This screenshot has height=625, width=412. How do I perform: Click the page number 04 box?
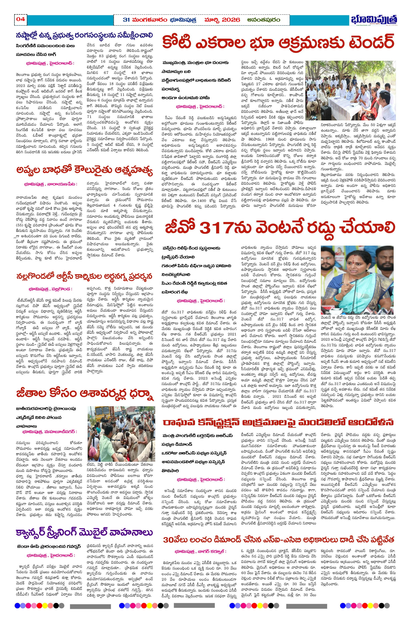(21, 19)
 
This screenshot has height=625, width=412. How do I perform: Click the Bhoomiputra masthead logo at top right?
(374, 20)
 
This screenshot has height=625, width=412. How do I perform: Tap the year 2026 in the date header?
(231, 20)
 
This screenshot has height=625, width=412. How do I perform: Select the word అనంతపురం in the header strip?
(264, 20)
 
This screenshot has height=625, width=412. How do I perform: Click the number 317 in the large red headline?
(216, 227)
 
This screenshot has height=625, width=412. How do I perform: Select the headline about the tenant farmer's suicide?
(84, 170)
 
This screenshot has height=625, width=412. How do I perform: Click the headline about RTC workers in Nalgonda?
(84, 276)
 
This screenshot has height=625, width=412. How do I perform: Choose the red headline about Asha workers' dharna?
(85, 394)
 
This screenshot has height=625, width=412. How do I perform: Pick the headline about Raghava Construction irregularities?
(278, 422)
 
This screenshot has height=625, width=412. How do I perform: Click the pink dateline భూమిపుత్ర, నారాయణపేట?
(50, 184)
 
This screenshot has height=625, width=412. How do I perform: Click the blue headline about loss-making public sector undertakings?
(84, 35)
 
